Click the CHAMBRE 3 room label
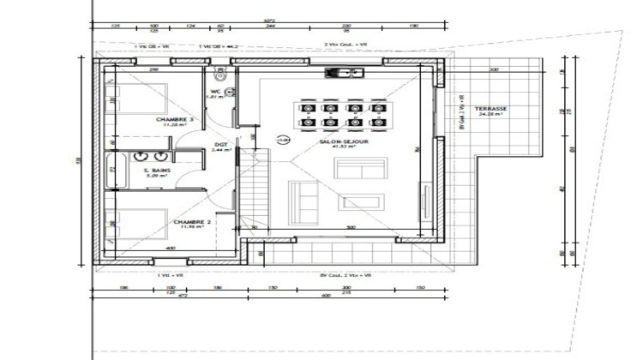(x=175, y=119)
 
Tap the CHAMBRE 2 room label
(x=193, y=221)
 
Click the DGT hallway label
(x=220, y=144)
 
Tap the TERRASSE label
(x=492, y=109)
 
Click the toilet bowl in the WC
(x=219, y=75)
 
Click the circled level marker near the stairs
(x=282, y=139)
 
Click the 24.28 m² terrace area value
(x=492, y=115)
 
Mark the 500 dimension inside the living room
(x=350, y=227)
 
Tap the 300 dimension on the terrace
(x=494, y=69)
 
